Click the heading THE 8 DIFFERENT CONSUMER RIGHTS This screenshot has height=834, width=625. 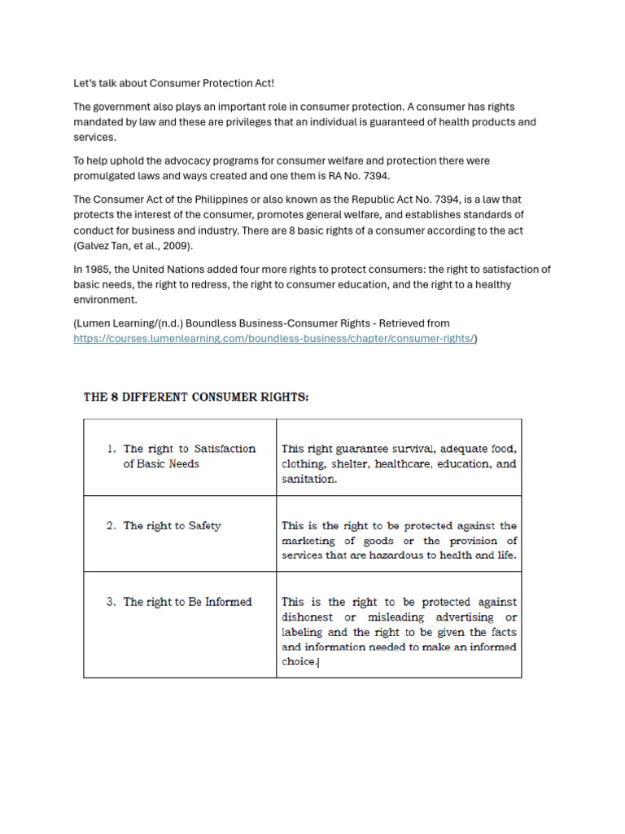coord(196,397)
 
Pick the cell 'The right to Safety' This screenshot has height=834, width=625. coord(172,526)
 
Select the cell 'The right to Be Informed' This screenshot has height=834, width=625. coord(187,602)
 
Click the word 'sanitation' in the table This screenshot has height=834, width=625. coord(308,479)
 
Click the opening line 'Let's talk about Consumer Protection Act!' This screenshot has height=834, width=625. coord(174,83)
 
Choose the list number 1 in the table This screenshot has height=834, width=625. coord(111,449)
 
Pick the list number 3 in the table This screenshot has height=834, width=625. coord(111,602)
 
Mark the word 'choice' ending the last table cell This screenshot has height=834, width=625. coord(299,662)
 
